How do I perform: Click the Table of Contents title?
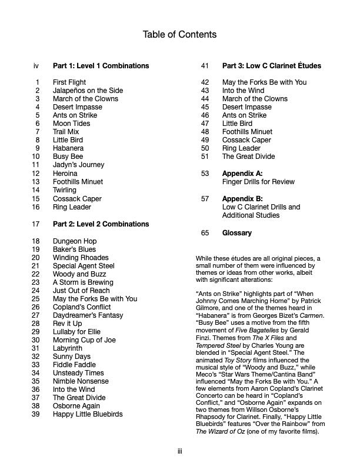pos(179,35)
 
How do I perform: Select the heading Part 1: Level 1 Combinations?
pos(101,65)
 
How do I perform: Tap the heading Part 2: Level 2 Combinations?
pos(101,224)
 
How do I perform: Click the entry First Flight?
pos(69,82)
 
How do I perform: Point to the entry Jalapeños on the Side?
pos(88,91)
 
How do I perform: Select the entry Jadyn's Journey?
pos(78,165)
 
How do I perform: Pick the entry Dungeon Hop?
pos(75,241)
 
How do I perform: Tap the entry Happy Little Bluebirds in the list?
pos(88,414)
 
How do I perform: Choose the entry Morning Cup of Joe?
pos(84,340)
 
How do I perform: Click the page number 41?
pos(205,65)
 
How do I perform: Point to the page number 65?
pos(205,233)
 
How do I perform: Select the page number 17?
pos(36,224)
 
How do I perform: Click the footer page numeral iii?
pos(179,451)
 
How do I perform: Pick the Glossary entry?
pos(236,233)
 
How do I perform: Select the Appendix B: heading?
pos(242,199)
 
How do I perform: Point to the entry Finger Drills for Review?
pos(258,182)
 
